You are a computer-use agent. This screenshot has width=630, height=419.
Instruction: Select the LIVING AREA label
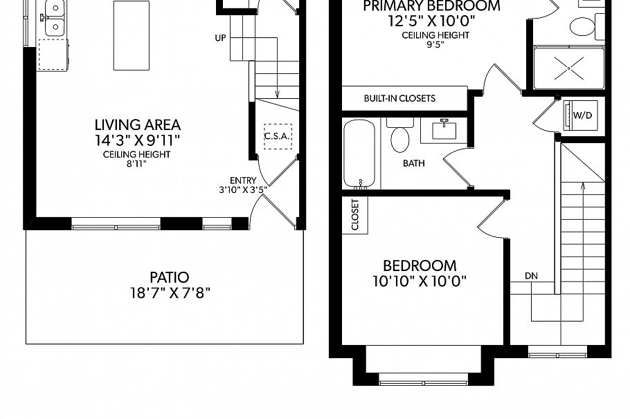coord(137,125)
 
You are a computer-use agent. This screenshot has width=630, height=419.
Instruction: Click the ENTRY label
coord(242,180)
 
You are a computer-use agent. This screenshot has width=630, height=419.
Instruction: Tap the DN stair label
coord(531,276)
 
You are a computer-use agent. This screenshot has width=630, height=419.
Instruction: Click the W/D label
coord(582,115)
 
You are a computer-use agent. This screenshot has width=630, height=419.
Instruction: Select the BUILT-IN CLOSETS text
coord(399,98)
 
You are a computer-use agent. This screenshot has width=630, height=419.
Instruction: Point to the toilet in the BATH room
coord(400,137)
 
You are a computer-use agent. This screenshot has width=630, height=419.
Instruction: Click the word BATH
coord(414,164)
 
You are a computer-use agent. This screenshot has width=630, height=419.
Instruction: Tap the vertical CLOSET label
coord(355,215)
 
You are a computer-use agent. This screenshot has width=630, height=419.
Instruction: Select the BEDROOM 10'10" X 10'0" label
coord(420,273)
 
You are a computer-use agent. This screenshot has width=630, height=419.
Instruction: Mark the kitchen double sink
coord(54,19)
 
